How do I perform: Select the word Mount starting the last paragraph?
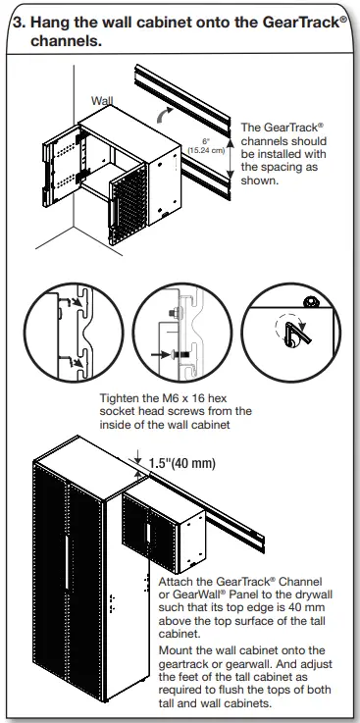[178, 648]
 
